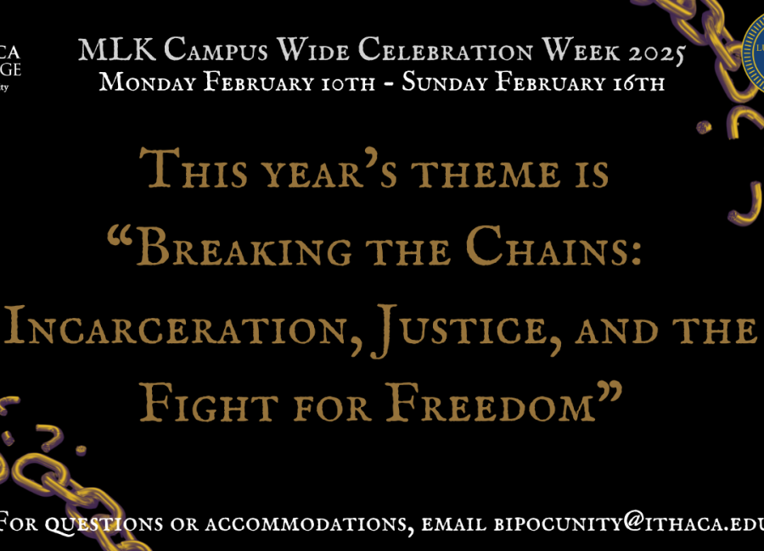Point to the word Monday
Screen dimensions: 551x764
tap(142, 83)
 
